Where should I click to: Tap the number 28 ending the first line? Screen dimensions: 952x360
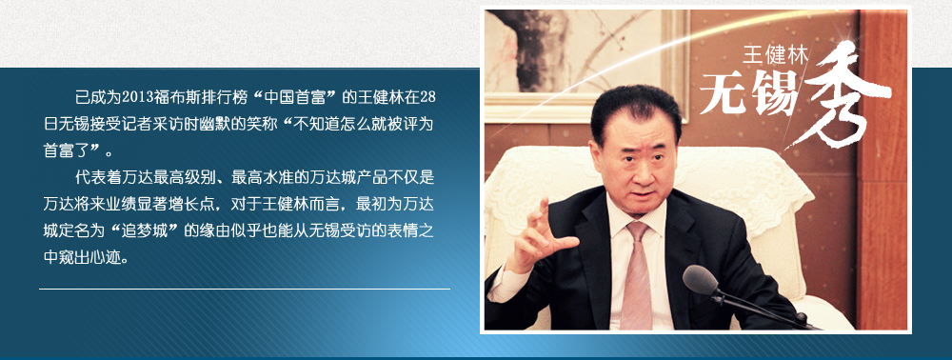427,96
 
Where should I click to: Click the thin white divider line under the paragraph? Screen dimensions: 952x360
245,289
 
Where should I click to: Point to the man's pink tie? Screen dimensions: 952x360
636,276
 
